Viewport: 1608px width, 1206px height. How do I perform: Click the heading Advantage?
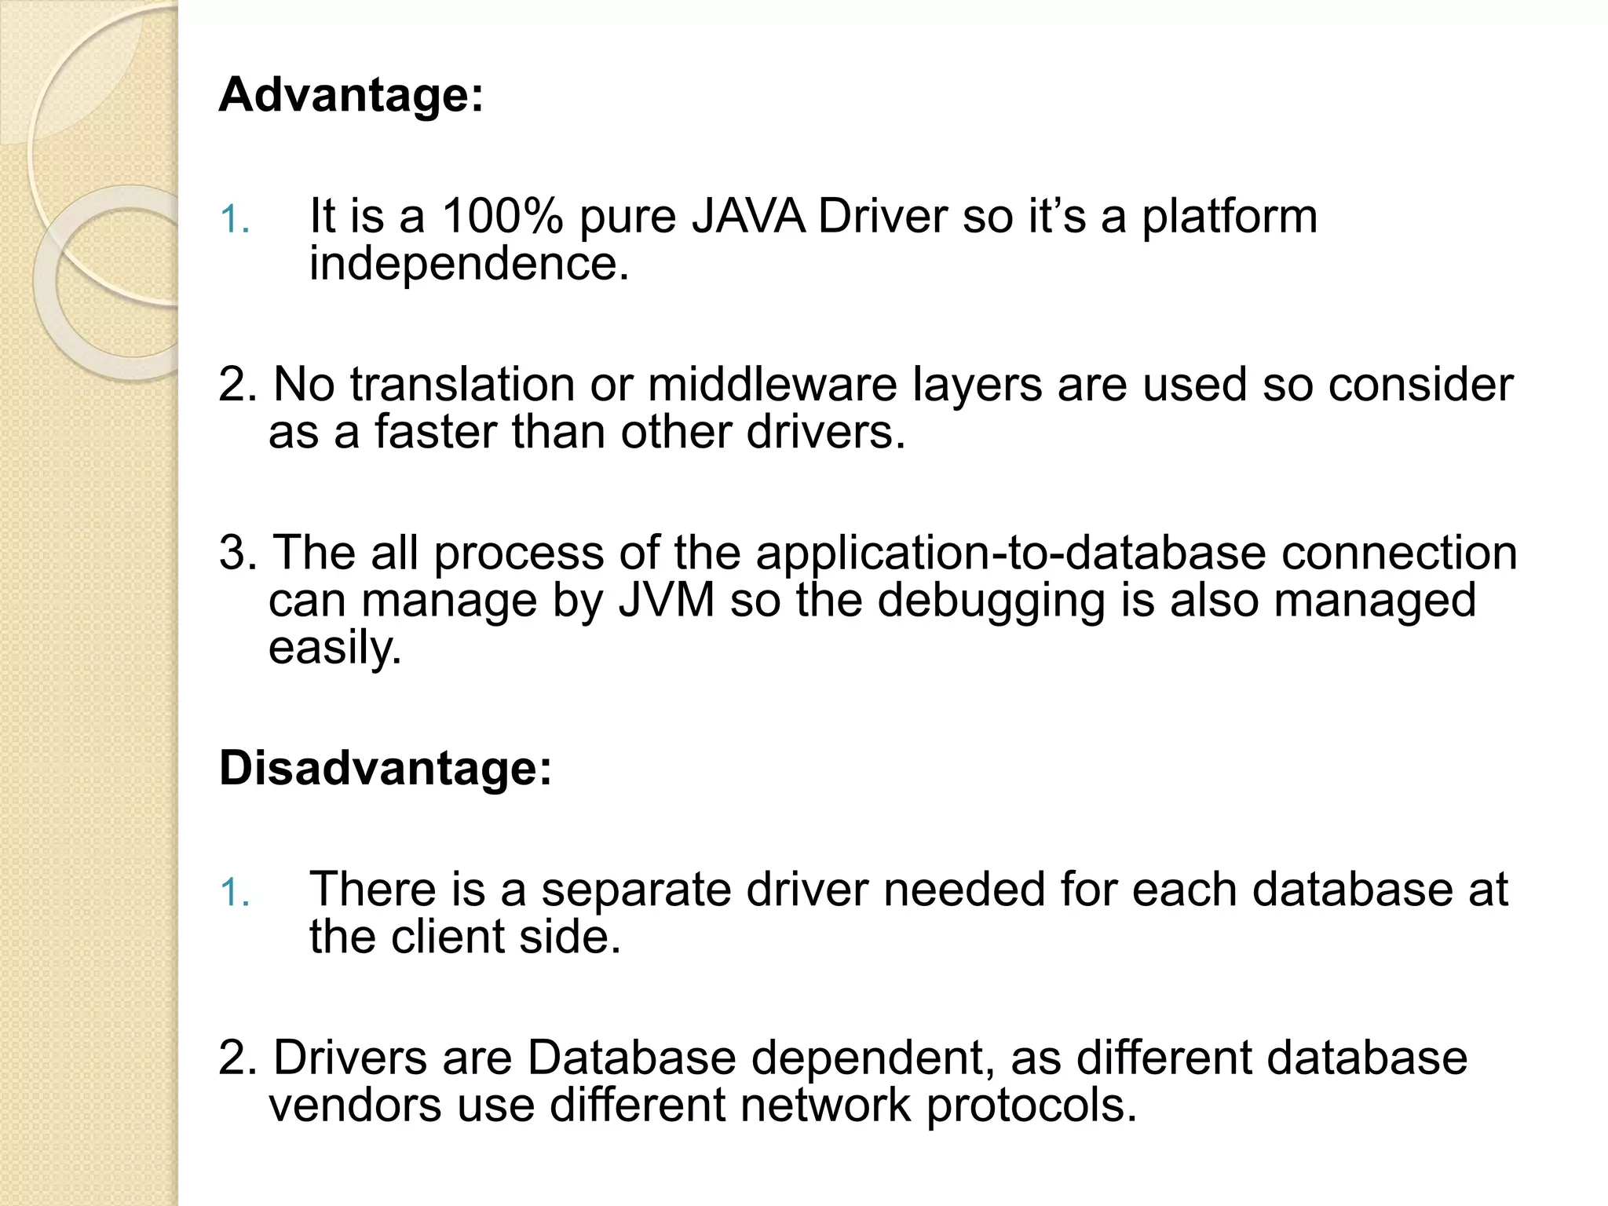pyautogui.click(x=351, y=96)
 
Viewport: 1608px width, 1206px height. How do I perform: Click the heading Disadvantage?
pyautogui.click(x=386, y=768)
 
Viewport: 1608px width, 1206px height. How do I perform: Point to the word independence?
pyautogui.click(x=469, y=264)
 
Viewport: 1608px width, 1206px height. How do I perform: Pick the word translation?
pyautogui.click(x=462, y=385)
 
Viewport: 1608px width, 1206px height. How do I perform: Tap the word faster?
pyautogui.click(x=435, y=432)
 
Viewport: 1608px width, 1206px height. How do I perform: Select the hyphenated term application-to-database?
pyautogui.click(x=1010, y=553)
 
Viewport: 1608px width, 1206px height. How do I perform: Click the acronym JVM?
pyautogui.click(x=667, y=601)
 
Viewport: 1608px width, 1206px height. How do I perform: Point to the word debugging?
pyautogui.click(x=990, y=602)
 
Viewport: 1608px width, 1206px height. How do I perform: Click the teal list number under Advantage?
pyautogui.click(x=234, y=220)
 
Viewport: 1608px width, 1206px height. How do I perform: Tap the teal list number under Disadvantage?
pyautogui.click(x=234, y=894)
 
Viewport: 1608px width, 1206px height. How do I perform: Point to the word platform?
pyautogui.click(x=1229, y=217)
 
